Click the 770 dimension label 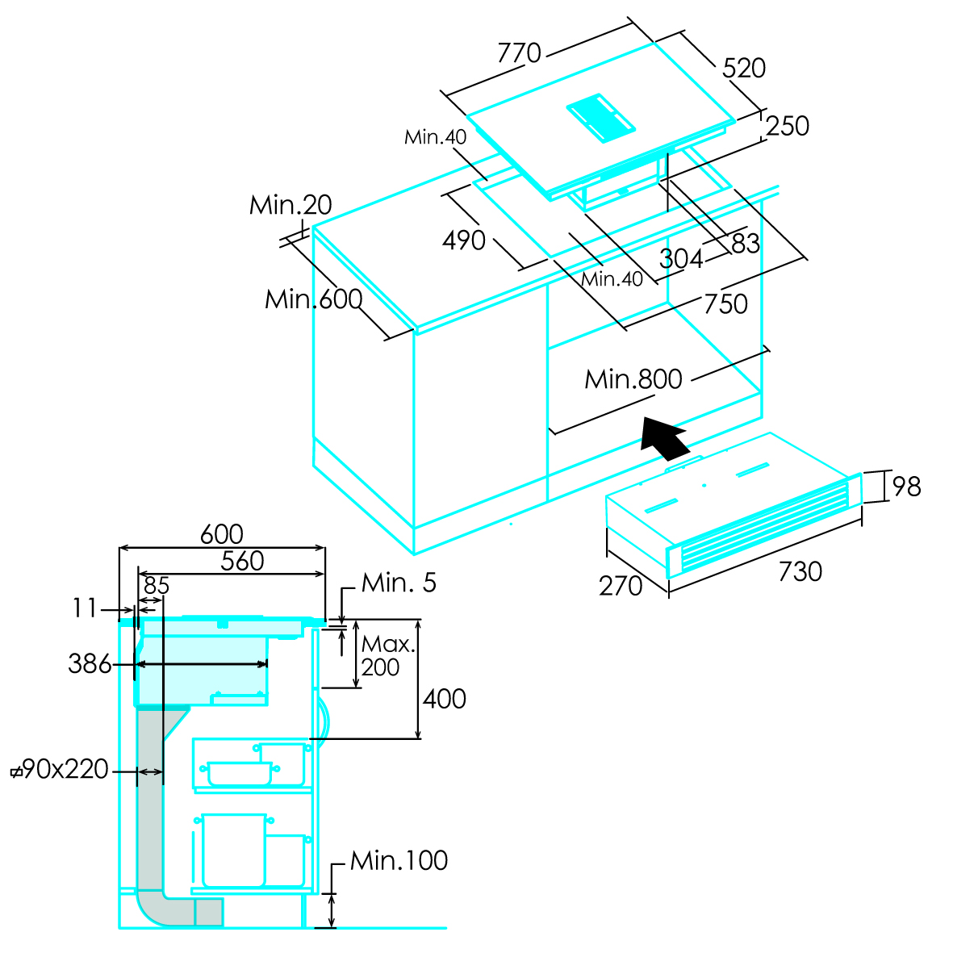519,53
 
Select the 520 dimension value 743,68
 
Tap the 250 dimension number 787,126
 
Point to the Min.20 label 290,205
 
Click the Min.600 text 313,299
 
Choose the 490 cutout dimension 464,240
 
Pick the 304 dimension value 681,258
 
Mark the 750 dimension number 725,304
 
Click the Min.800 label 633,379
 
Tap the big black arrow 663,437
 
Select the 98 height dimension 906,487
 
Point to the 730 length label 800,571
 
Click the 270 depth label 621,586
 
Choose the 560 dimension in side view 242,561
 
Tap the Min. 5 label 399,583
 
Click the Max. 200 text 387,656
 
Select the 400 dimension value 445,699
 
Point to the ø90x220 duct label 60,770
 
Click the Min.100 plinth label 399,860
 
